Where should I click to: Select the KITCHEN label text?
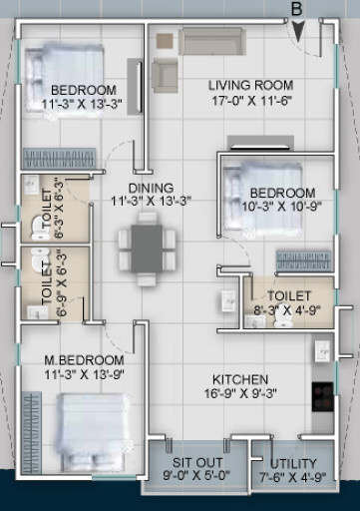[240, 379]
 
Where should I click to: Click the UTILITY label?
[293, 464]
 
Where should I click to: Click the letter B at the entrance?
[296, 9]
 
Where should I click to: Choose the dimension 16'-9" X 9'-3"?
[240, 394]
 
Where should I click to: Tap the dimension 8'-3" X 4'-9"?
[289, 310]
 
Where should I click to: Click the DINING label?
[151, 188]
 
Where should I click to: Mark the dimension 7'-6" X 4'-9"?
[293, 478]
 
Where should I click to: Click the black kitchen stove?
[323, 394]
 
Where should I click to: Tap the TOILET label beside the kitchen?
[289, 296]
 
